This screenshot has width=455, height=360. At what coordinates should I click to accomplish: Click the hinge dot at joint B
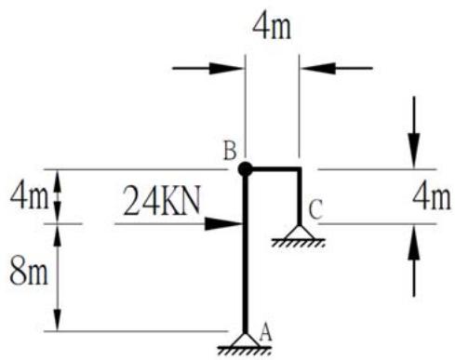[245, 169]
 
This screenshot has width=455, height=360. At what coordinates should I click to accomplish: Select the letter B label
[230, 152]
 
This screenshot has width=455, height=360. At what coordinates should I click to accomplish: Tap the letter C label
[316, 210]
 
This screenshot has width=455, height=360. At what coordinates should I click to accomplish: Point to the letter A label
[265, 333]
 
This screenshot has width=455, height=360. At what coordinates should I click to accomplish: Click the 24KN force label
[161, 201]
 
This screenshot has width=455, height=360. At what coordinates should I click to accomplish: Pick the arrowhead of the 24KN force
[223, 223]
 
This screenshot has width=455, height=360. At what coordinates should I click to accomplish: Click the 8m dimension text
[29, 271]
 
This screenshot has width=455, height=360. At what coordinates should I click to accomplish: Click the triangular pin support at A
[245, 340]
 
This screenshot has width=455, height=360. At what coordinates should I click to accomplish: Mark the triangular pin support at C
[299, 232]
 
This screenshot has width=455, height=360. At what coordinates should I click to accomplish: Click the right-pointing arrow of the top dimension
[207, 68]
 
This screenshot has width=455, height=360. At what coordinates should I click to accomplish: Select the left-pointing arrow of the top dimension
[337, 68]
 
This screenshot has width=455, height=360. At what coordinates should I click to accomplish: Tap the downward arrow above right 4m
[413, 132]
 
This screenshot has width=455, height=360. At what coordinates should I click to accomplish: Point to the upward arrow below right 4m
[413, 260]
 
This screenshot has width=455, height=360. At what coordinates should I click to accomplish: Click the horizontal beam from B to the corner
[273, 169]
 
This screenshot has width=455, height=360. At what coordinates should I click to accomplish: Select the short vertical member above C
[299, 197]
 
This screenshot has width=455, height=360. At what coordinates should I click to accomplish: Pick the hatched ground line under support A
[245, 350]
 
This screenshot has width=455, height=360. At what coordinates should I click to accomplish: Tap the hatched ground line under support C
[299, 243]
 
